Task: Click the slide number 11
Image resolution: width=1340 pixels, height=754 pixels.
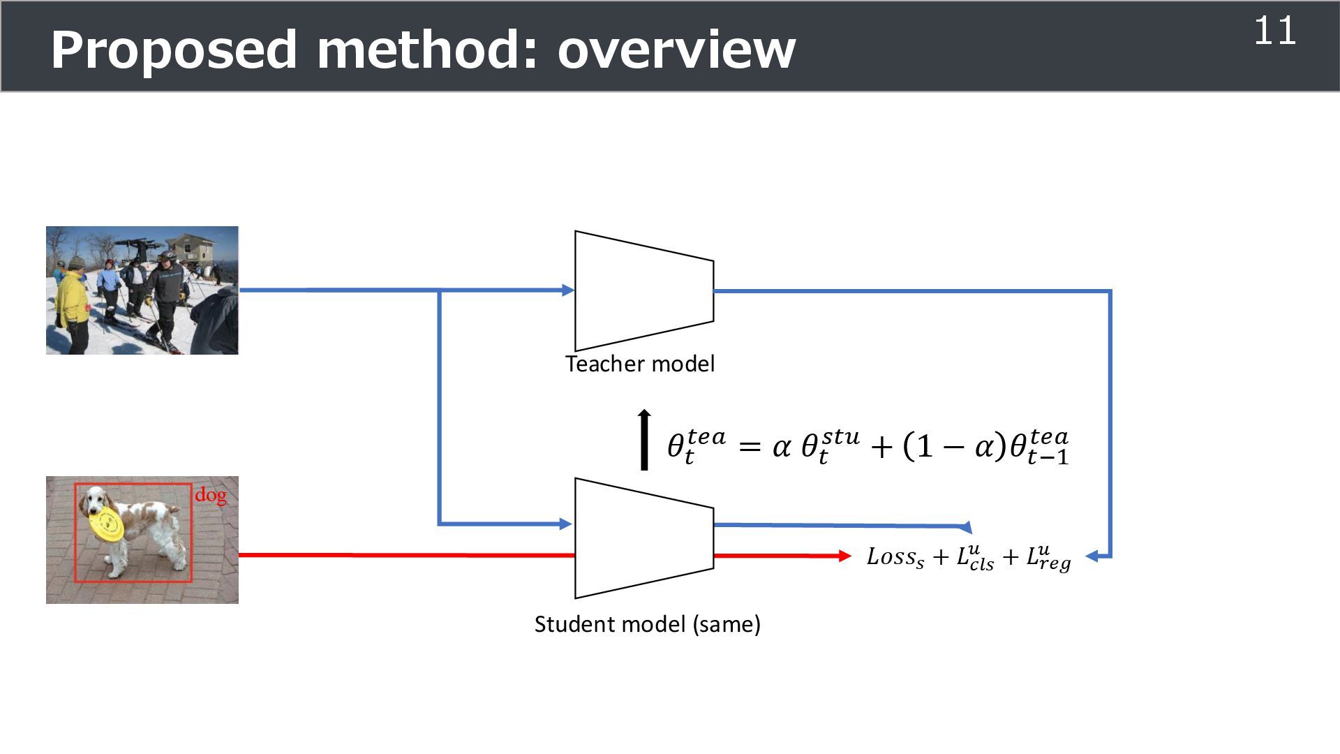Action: (x=1275, y=31)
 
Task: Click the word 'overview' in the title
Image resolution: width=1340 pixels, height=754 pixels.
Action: (x=676, y=50)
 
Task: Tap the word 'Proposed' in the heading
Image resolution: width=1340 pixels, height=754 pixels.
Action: (x=174, y=50)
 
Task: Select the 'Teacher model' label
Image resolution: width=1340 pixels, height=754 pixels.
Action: (x=640, y=364)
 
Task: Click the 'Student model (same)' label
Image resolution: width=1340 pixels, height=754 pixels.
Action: (x=647, y=623)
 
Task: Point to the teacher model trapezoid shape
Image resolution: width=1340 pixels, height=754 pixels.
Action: (x=643, y=290)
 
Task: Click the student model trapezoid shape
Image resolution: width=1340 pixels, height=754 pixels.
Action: (x=643, y=538)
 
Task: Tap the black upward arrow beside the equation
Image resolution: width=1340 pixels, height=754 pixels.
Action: (x=644, y=440)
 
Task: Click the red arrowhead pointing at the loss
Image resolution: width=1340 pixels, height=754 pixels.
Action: (x=844, y=556)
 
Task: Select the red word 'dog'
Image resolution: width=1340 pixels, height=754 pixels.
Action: (x=210, y=495)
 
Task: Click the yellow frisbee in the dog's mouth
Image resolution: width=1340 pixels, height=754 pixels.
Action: (x=107, y=524)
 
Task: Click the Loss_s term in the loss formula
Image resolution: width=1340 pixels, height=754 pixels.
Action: (x=895, y=557)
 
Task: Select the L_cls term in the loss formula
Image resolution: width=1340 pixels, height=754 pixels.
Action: (x=975, y=558)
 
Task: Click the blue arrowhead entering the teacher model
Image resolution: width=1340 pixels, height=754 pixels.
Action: (x=567, y=290)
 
